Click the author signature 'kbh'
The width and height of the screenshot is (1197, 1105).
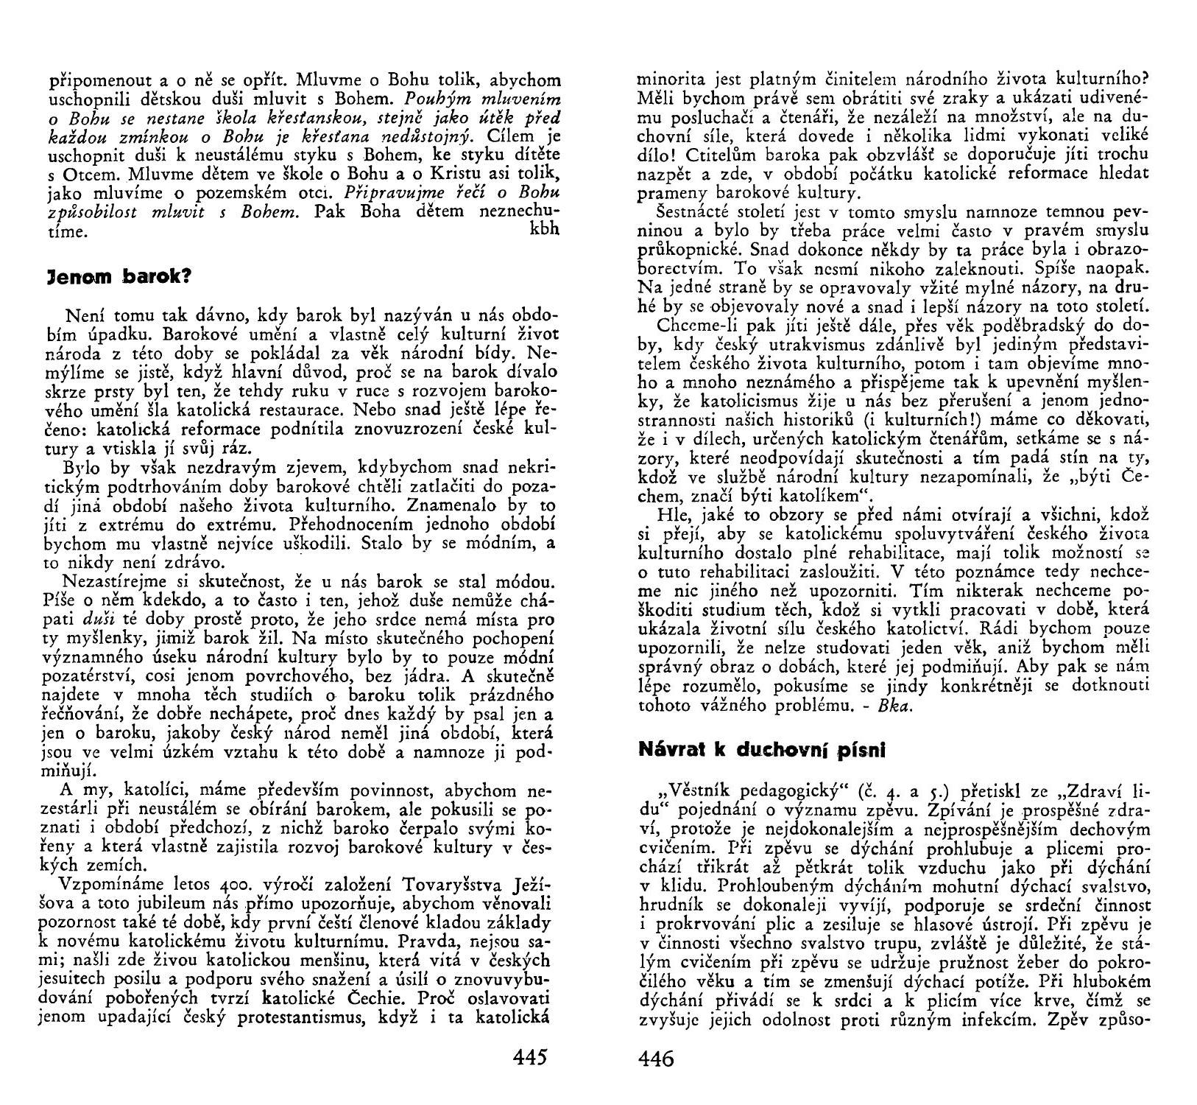click(x=545, y=228)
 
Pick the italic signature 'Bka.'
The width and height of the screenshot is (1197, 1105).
click(x=897, y=705)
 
